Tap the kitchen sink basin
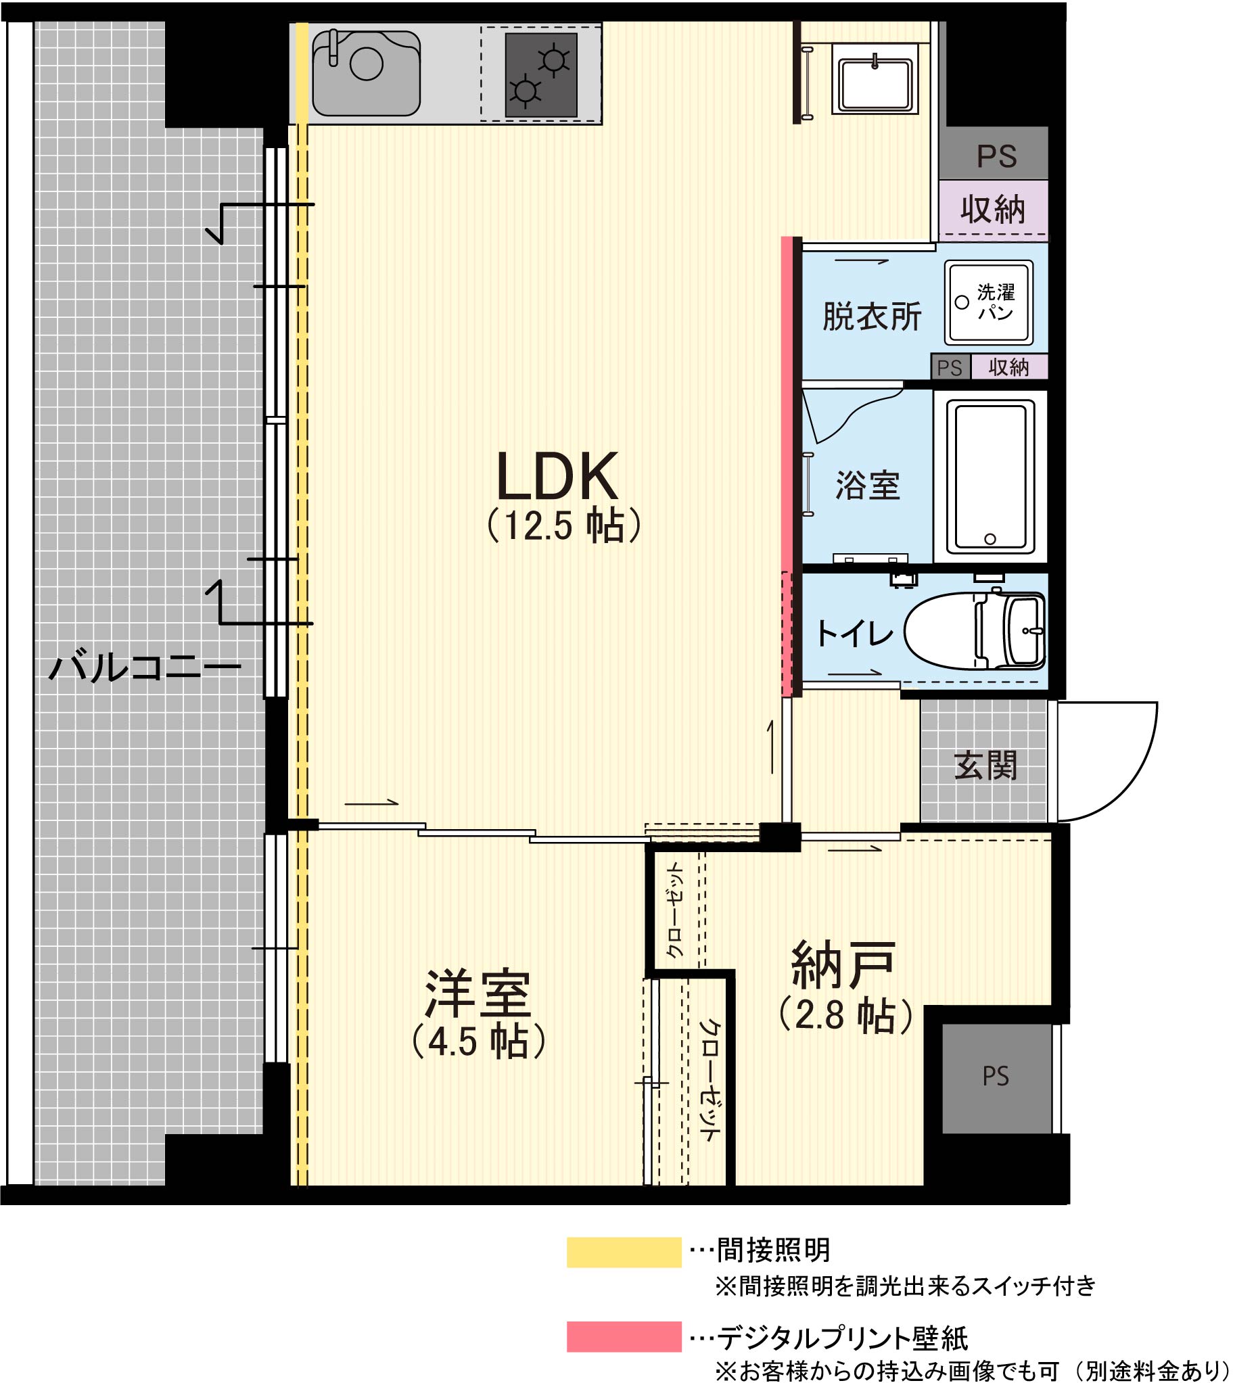click(x=366, y=73)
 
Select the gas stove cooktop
click(x=540, y=75)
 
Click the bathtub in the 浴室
click(x=990, y=476)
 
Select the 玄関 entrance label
click(x=985, y=766)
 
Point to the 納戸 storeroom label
click(x=843, y=964)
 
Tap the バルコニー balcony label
click(x=145, y=667)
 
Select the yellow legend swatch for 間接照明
click(x=624, y=1252)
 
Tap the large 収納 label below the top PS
click(x=992, y=209)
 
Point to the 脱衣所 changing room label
click(x=872, y=317)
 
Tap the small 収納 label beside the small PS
click(x=1008, y=367)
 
